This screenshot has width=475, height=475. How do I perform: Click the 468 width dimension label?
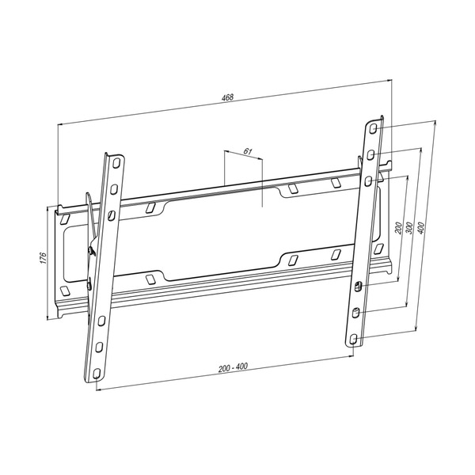(228, 98)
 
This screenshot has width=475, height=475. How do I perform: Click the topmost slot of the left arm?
(116, 164)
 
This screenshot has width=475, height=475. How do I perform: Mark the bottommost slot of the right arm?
(352, 338)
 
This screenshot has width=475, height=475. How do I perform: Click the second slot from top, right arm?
(371, 152)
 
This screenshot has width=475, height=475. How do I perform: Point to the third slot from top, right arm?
(369, 179)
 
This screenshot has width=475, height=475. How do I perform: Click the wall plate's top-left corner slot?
(67, 215)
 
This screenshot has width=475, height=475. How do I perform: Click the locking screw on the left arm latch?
(92, 252)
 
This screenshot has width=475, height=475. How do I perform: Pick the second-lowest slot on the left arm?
(99, 348)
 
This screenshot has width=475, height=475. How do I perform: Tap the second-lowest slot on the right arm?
(355, 312)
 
